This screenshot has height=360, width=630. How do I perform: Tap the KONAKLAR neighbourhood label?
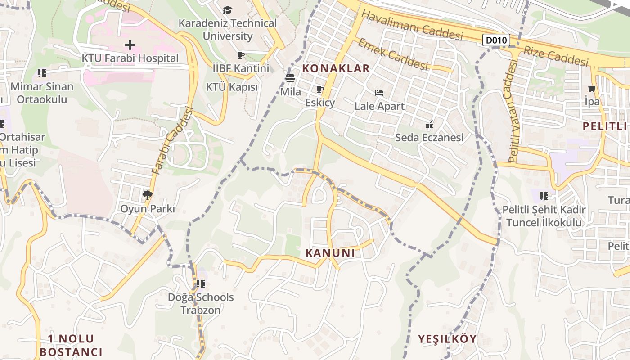tap(336, 68)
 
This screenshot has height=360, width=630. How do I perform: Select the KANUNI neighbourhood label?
tap(330, 253)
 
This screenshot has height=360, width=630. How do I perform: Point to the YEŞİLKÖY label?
tap(447, 339)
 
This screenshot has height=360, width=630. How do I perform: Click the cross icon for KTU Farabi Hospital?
tap(130, 45)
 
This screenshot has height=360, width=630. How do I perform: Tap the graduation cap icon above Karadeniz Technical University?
tap(228, 10)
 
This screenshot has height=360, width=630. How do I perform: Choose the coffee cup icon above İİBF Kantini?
tap(241, 55)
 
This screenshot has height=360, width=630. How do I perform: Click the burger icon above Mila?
tap(290, 78)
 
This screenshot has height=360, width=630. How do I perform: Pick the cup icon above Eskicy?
tap(320, 90)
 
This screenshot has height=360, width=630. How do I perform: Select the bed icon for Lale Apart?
tap(379, 93)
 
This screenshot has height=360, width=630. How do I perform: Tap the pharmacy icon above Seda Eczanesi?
tap(429, 124)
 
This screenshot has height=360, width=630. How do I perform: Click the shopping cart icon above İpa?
tap(592, 89)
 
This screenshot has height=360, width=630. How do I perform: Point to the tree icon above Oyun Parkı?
tap(147, 195)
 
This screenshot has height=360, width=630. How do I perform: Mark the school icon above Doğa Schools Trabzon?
tap(201, 284)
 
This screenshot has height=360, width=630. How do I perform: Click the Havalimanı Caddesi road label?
tap(412, 25)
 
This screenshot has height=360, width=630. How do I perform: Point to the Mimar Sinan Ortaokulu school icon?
tap(42, 73)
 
